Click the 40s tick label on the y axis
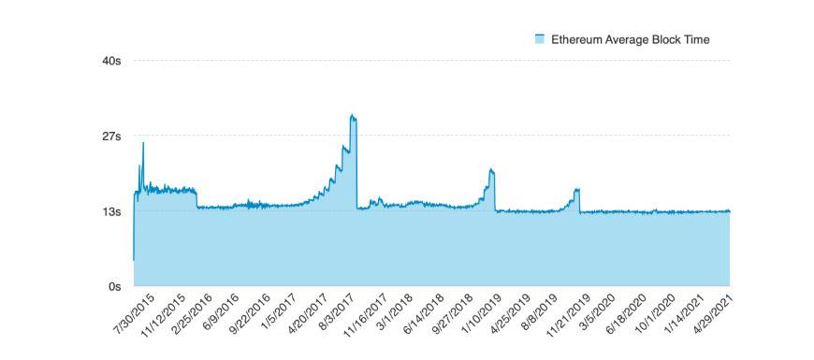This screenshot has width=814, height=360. click(x=111, y=61)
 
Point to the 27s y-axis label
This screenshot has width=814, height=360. click(x=111, y=137)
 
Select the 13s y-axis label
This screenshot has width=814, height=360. click(x=111, y=211)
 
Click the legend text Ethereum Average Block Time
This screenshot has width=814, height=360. click(x=630, y=39)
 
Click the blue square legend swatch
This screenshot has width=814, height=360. click(x=539, y=39)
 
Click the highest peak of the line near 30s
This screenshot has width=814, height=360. click(x=352, y=115)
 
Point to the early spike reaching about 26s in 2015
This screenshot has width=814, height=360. click(x=143, y=143)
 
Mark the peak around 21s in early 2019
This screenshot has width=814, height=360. click(x=490, y=170)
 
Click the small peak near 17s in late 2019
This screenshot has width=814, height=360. click(x=577, y=190)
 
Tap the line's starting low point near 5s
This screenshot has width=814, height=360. click(x=134, y=259)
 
